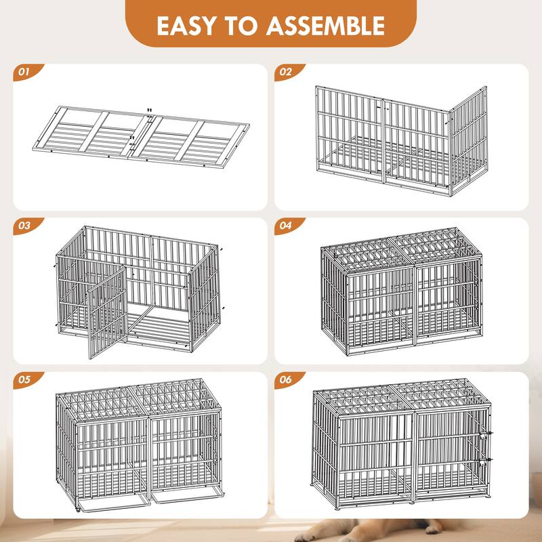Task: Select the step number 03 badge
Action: click(x=25, y=226)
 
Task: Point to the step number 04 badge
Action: click(x=286, y=226)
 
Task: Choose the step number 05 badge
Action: click(x=25, y=380)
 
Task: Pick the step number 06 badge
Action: click(x=286, y=380)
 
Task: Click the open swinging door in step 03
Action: click(x=106, y=312)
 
